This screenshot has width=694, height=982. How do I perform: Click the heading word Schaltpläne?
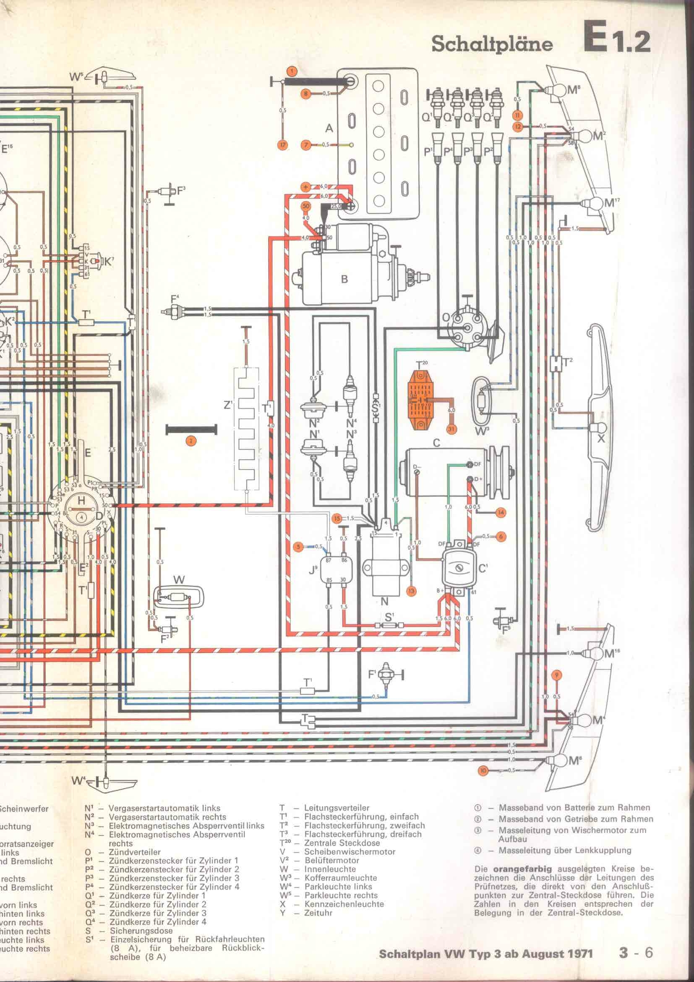click(492, 45)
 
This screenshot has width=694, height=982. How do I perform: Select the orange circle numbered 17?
click(282, 145)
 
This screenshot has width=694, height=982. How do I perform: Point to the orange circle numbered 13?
click(411, 592)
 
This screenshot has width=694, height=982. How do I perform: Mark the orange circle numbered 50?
click(305, 206)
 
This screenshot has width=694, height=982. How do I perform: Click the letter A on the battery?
click(329, 128)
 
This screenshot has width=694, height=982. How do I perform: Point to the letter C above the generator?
click(436, 443)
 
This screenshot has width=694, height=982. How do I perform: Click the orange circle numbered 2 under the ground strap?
click(190, 441)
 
